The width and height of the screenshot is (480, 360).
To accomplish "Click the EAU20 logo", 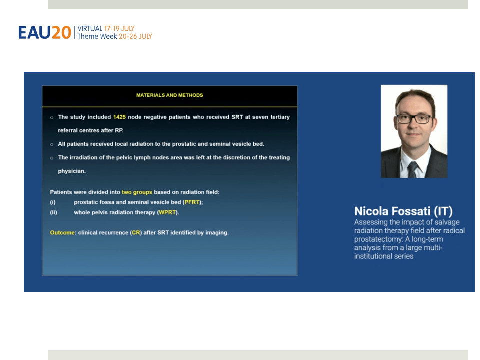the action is click(45, 32).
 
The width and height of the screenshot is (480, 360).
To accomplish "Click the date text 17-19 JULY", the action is click(119, 29).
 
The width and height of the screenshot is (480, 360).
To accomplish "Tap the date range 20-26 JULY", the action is click(135, 36).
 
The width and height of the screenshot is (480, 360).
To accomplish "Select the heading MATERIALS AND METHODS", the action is click(169, 95).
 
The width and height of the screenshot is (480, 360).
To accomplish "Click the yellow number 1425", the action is click(119, 117).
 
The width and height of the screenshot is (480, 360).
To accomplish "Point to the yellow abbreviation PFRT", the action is click(192, 202).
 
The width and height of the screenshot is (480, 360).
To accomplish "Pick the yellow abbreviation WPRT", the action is click(167, 212).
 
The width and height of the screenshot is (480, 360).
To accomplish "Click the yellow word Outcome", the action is click(62, 232).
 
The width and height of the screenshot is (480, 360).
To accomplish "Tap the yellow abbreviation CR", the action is click(136, 232).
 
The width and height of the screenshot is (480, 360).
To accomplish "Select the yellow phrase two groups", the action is click(137, 192).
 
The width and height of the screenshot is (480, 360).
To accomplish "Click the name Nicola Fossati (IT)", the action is click(403, 211).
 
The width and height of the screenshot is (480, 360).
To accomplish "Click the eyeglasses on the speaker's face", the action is click(414, 119).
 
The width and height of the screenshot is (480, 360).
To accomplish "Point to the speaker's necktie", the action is click(413, 169).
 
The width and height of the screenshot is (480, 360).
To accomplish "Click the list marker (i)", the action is click(53, 202).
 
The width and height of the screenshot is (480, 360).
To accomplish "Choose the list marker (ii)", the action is click(53, 212).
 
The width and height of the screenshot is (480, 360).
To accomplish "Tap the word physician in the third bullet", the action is click(72, 171).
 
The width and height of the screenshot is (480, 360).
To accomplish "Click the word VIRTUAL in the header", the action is click(90, 29).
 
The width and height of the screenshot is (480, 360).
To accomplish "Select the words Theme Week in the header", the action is click(97, 36).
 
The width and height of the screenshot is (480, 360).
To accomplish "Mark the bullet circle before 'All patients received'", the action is click(52, 144).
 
